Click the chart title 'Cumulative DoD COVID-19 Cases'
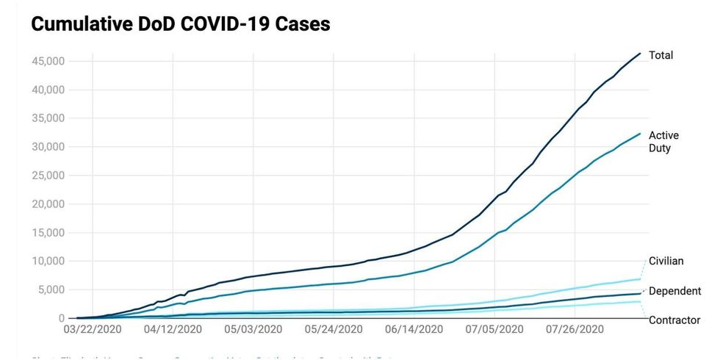click(x=180, y=24)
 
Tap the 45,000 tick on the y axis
click(x=48, y=61)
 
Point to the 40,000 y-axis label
click(x=48, y=90)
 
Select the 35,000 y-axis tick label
click(x=48, y=118)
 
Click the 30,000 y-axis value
click(x=48, y=147)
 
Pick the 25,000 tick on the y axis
click(x=48, y=176)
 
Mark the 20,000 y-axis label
click(x=48, y=204)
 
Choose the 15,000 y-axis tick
click(x=48, y=233)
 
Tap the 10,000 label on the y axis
click(x=48, y=261)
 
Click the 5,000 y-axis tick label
click(x=51, y=289)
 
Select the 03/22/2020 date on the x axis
click(x=93, y=330)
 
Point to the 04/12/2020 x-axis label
click(x=173, y=330)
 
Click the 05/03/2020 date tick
click(x=254, y=330)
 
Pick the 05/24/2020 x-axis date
click(x=334, y=330)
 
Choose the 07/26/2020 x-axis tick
click(x=575, y=330)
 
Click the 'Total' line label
click(x=660, y=56)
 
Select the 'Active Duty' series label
click(x=663, y=142)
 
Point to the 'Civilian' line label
click(x=666, y=261)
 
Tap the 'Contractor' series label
click(x=674, y=320)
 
